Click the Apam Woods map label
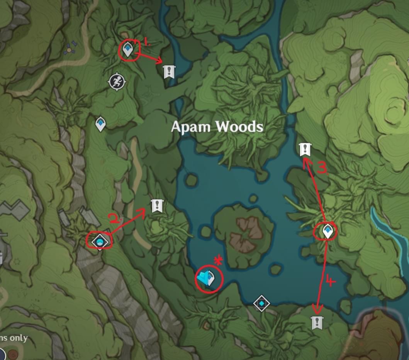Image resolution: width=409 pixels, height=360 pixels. click(x=217, y=127)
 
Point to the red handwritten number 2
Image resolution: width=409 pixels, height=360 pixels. click(x=115, y=219)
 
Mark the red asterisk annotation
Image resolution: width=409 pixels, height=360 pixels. click(x=219, y=260)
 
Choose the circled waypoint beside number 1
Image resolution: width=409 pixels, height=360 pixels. click(x=128, y=49)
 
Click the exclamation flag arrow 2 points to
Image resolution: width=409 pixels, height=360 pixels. click(x=156, y=206)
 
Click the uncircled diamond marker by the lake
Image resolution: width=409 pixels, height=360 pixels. click(x=261, y=303)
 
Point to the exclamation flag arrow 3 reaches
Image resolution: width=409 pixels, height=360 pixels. click(x=305, y=149)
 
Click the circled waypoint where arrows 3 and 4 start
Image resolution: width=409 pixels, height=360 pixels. click(x=328, y=231)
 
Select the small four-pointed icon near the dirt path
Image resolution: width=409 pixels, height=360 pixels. click(x=70, y=48)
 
